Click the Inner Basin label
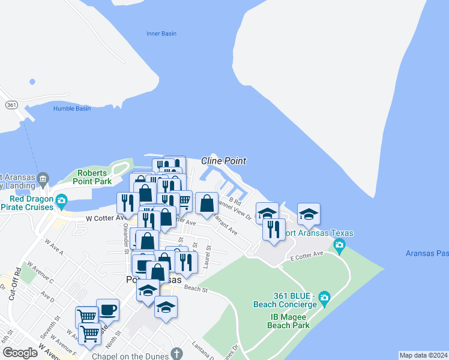point(161,34)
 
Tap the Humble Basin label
point(72,109)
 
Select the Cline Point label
point(223,161)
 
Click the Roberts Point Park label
point(91,177)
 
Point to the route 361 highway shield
point(11,104)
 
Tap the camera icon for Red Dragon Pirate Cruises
point(61,200)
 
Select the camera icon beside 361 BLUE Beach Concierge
point(324,297)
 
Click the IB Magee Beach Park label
point(289,321)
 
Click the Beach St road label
point(196,289)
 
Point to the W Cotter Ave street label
point(104,218)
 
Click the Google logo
point(20,352)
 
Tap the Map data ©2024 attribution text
point(423,355)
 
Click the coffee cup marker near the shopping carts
point(107,310)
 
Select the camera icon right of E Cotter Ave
point(339,244)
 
